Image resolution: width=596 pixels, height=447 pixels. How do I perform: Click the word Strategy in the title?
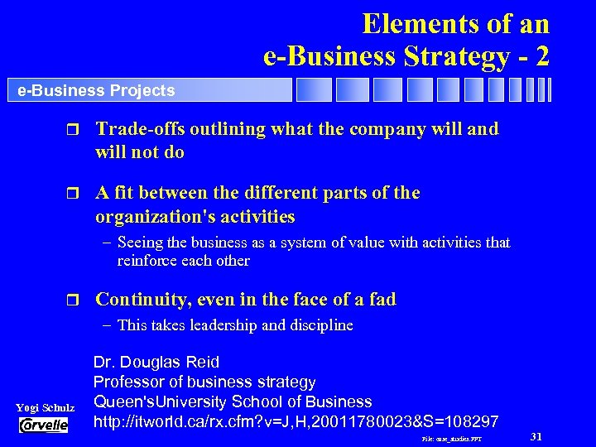[461, 56]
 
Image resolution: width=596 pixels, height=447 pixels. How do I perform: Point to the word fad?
[381, 299]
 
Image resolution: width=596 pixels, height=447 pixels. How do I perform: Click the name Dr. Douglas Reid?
[156, 362]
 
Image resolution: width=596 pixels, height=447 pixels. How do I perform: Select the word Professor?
[128, 382]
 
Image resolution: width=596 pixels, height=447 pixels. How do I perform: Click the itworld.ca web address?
[296, 421]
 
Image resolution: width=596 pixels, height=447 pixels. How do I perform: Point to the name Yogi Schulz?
[46, 408]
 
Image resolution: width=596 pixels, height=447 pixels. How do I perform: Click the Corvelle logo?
[44, 425]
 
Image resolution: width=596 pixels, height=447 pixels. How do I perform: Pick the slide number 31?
[535, 435]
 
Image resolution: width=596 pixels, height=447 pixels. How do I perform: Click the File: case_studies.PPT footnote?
[452, 438]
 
